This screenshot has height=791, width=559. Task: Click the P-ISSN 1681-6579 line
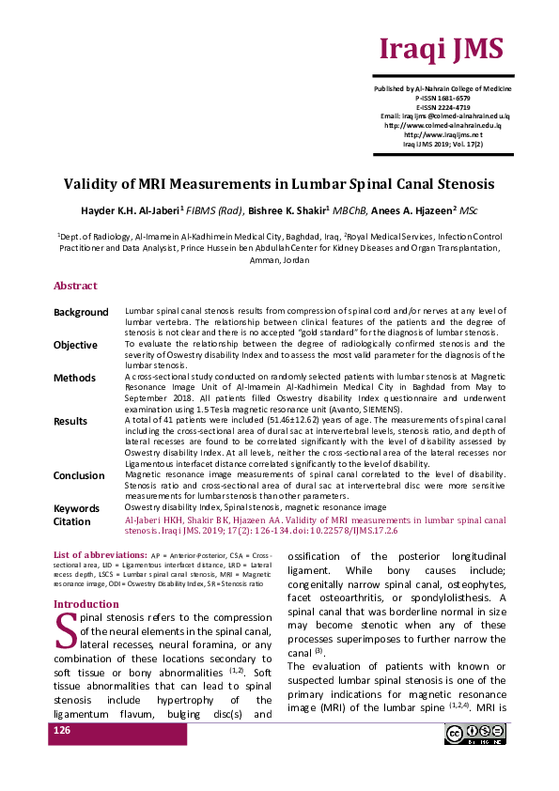pyautogui.click(x=443, y=98)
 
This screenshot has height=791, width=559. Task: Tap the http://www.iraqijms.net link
pyautogui.click(x=443, y=134)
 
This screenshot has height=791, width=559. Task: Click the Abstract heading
pyautogui.click(x=75, y=286)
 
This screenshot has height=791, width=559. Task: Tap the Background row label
pyautogui.click(x=81, y=312)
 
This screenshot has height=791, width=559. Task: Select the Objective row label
pyautogui.click(x=75, y=345)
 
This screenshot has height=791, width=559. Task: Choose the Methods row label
pyautogui.click(x=73, y=378)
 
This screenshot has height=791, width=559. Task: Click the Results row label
pyautogui.click(x=70, y=422)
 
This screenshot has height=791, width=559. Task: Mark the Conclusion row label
pyautogui.click(x=79, y=475)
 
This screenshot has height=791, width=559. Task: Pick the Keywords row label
pyautogui.click(x=76, y=507)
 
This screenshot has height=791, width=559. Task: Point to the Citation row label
pyautogui.click(x=72, y=520)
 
